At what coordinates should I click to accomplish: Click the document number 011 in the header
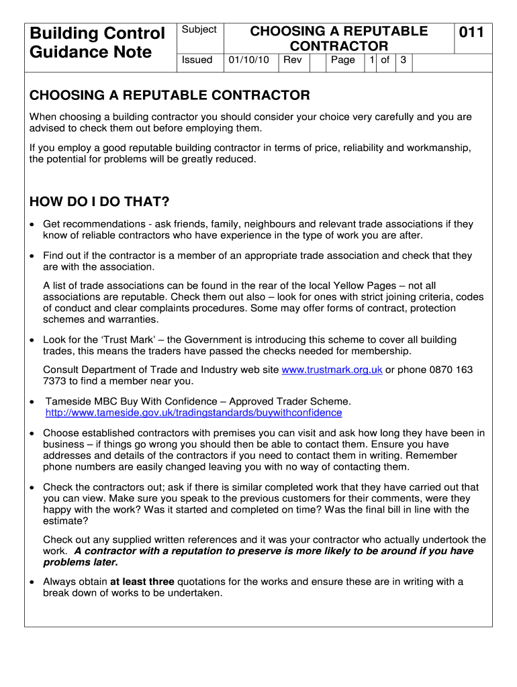point(471,32)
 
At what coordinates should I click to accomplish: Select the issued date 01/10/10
point(248,60)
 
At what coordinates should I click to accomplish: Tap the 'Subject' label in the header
point(199,30)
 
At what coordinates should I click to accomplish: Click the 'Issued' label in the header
point(197,60)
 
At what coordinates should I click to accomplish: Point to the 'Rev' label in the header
point(293,60)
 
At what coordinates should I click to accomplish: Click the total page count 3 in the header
point(403,60)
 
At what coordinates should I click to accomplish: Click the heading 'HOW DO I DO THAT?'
point(100,203)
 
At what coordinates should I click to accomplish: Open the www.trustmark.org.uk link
point(332,370)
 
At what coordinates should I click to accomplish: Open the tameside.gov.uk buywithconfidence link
point(193,413)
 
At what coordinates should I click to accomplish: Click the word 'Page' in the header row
point(343,60)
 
